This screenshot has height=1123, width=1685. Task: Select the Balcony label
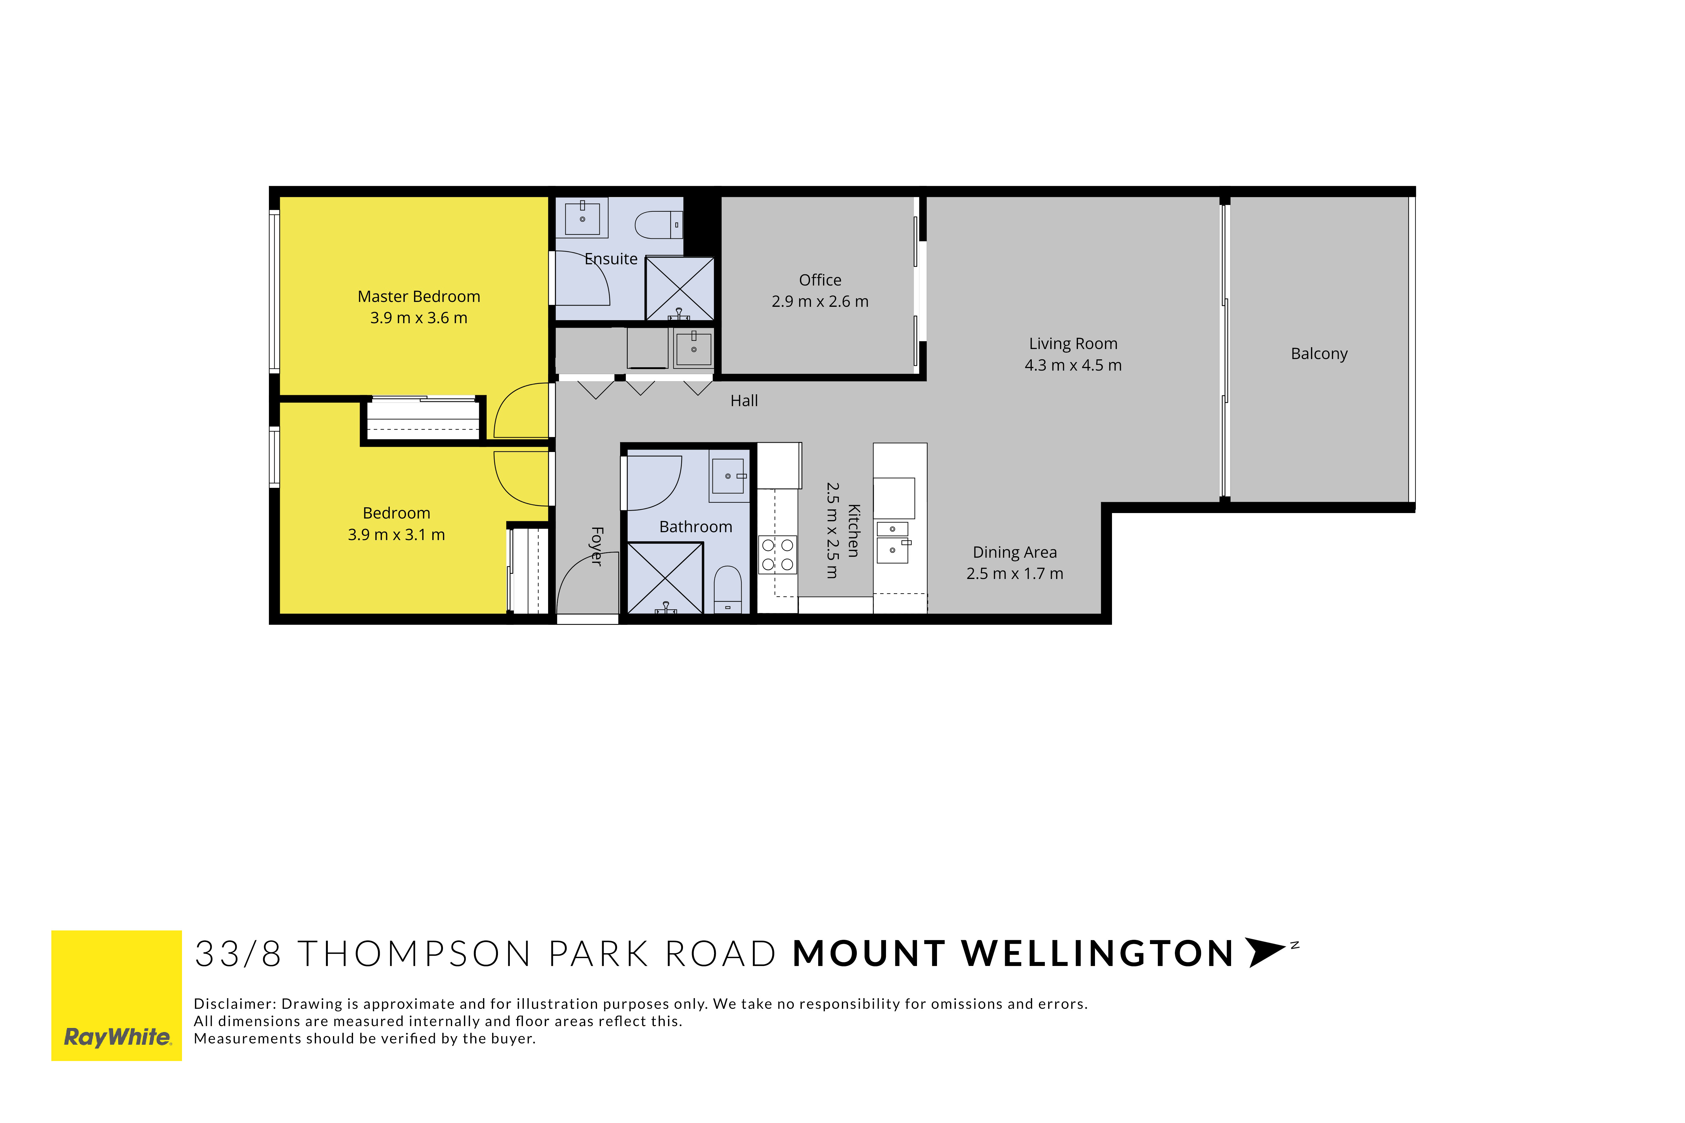tap(1319, 354)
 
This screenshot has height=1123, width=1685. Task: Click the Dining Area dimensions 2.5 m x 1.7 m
tap(1014, 574)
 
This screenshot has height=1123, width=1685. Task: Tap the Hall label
tap(744, 401)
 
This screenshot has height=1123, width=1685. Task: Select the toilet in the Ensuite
tap(659, 225)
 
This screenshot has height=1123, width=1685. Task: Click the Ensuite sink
tap(582, 217)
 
